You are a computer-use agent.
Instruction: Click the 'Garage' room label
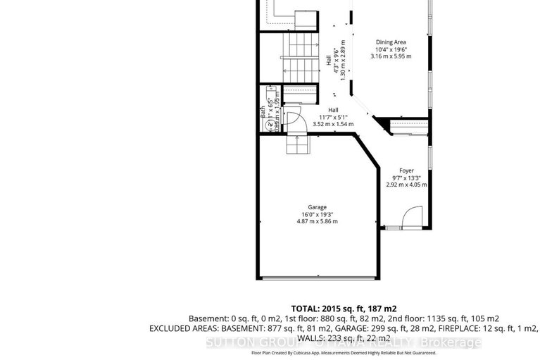point(317,207)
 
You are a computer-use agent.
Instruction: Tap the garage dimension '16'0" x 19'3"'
point(317,214)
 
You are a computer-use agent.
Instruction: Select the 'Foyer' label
point(406,170)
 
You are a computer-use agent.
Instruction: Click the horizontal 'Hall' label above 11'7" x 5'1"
point(332,110)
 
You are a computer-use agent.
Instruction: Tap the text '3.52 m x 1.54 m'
point(332,124)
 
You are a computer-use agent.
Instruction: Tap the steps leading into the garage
point(297,145)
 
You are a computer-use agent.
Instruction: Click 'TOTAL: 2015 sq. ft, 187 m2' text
point(344,309)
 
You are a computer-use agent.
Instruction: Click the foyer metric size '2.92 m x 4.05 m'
point(406,185)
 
